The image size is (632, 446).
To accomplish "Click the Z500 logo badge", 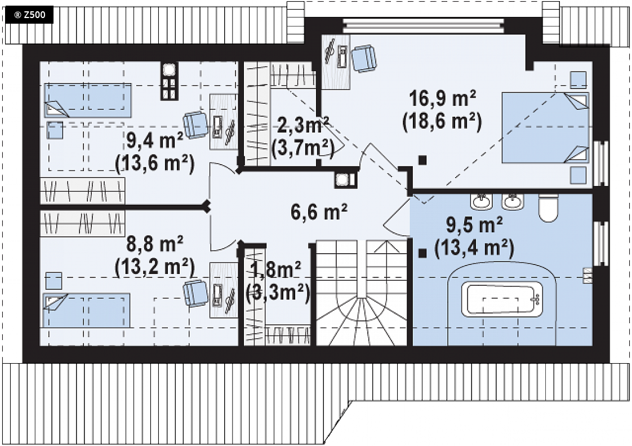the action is [30, 15].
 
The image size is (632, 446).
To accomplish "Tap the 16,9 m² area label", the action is [442, 99].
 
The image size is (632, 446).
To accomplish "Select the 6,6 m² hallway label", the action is [319, 211].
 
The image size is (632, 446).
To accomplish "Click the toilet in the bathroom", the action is [549, 207].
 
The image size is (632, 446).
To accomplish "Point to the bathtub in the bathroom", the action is [502, 299].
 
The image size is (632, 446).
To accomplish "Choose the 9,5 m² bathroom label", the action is [474, 224].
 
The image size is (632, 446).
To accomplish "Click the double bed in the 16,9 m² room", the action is [545, 127].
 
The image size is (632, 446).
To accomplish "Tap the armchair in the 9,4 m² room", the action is [196, 125].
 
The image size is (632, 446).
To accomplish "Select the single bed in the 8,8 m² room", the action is [86, 310].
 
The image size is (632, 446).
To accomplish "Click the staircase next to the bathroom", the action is [361, 293].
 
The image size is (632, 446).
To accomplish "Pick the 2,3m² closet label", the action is [302, 126].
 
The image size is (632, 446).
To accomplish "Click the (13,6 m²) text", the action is [155, 164].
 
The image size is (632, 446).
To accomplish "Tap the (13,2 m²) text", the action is [155, 267].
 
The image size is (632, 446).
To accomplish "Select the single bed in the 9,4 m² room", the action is [88, 100].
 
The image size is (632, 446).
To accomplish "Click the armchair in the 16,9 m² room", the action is [364, 59].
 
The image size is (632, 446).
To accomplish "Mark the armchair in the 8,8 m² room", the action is [196, 293].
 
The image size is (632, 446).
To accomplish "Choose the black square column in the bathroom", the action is [422, 253].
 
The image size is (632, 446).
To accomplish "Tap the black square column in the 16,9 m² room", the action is [422, 160].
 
